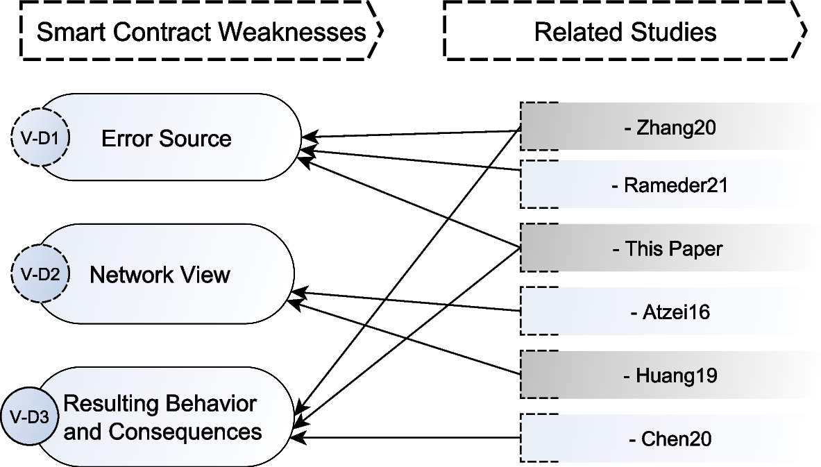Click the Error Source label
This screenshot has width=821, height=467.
point(167,139)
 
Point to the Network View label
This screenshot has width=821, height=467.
point(160,275)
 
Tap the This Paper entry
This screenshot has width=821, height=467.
point(667,248)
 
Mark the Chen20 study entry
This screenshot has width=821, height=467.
point(670,439)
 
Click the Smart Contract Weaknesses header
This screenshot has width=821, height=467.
point(201,32)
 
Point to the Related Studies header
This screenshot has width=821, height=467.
point(625,32)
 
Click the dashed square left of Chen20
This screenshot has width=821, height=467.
point(539,439)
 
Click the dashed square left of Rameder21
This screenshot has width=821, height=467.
point(539,185)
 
